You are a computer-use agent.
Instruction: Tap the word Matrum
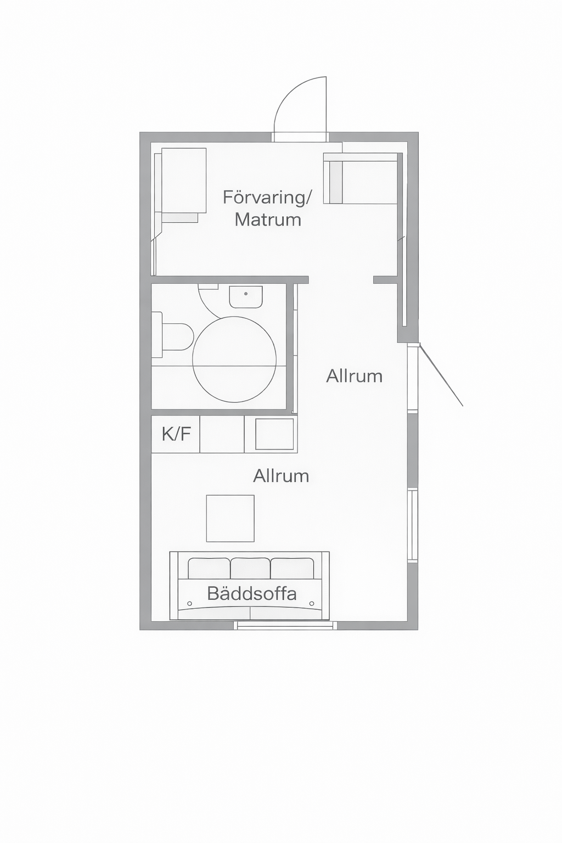tap(268, 220)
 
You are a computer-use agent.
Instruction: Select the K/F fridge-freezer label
tap(176, 434)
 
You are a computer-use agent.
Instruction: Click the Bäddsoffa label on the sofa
tap(252, 594)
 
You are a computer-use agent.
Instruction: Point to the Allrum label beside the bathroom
tap(354, 376)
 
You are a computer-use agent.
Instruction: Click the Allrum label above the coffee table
tap(281, 476)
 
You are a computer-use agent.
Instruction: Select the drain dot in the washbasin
tap(246, 293)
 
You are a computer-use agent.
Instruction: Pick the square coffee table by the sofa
tap(231, 518)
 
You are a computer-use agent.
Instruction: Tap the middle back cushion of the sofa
tap(250, 568)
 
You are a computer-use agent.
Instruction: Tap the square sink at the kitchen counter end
tap(275, 434)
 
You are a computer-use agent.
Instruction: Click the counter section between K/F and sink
tap(222, 434)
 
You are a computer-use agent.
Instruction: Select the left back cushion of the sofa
tap(209, 568)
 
